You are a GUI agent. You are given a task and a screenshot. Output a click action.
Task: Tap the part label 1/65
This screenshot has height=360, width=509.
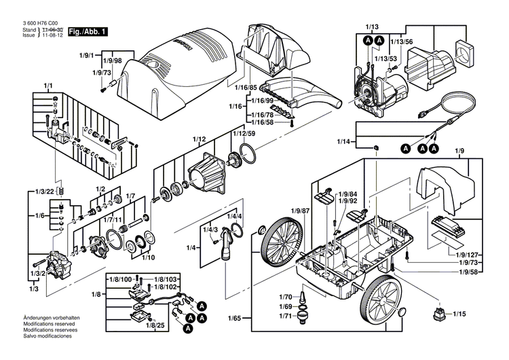[235, 317]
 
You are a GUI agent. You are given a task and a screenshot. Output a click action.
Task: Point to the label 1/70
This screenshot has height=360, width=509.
[285, 297]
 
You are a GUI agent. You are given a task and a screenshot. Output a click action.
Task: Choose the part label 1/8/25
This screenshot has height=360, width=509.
[155, 326]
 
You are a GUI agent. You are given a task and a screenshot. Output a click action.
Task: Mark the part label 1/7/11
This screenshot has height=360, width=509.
[113, 221]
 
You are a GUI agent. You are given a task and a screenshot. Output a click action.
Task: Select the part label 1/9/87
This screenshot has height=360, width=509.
[301, 211]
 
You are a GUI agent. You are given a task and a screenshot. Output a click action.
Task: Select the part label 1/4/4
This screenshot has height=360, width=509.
[234, 216]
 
